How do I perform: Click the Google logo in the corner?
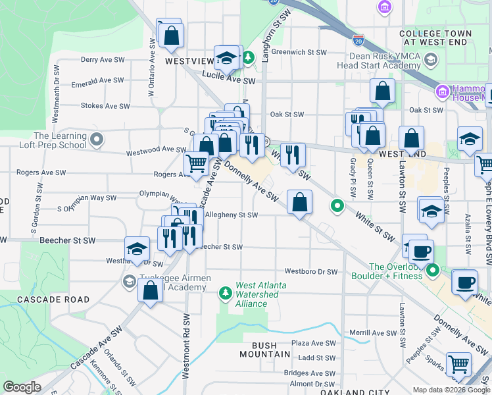[x=22, y=387]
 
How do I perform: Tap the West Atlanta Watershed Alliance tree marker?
[x=226, y=291]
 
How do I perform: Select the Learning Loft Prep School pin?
[x=97, y=139]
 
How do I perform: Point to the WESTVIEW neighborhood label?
[x=189, y=61]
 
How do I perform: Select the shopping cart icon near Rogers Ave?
[x=196, y=164]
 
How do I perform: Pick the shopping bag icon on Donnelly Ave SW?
[x=299, y=203]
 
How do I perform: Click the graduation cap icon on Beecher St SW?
[x=136, y=249]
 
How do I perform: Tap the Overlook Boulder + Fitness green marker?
[x=433, y=270]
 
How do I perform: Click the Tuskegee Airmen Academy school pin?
[x=129, y=282]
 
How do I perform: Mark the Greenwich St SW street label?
[x=299, y=52]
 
